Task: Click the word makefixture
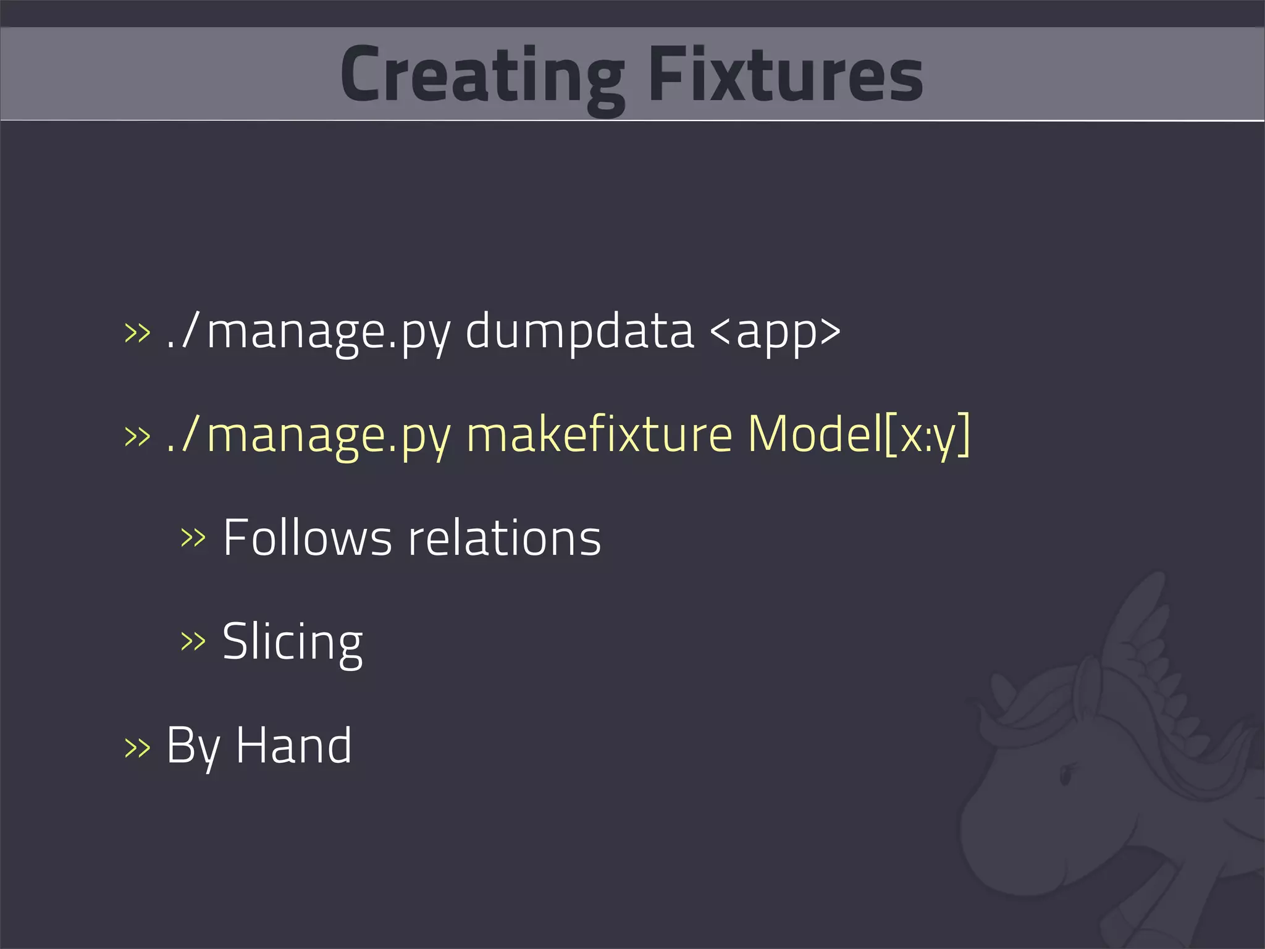[x=599, y=434]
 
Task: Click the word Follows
[x=307, y=538]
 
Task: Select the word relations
[x=504, y=538]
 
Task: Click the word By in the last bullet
[x=193, y=747]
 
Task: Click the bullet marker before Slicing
[x=193, y=642]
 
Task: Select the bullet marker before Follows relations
[x=193, y=538]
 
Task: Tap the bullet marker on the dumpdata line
[x=137, y=332]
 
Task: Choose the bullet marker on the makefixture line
[x=137, y=436]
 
